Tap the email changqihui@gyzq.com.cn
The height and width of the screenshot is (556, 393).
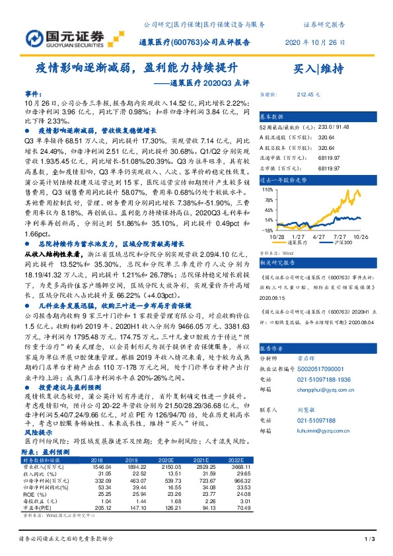coord(322,390)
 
